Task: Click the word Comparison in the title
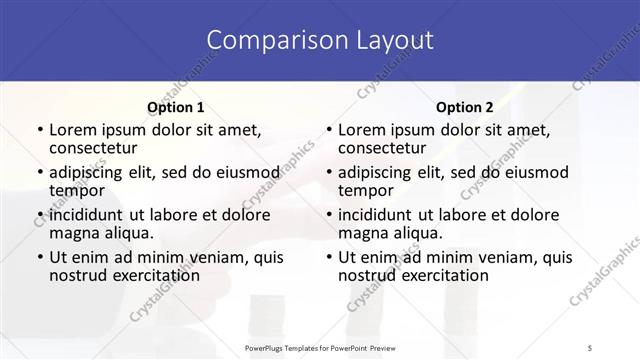(268, 40)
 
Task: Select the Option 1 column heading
(175, 107)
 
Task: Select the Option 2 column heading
(465, 107)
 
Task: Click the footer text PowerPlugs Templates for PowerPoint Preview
(319, 347)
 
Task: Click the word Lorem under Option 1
(75, 130)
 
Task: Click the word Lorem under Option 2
(364, 130)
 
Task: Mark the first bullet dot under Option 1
(38, 131)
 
